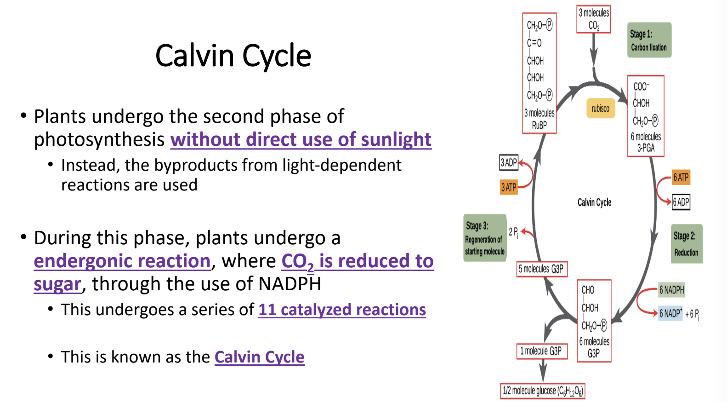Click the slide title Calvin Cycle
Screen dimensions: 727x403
pos(233,56)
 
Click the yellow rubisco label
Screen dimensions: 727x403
pos(600,109)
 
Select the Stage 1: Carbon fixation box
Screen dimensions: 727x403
pos(649,40)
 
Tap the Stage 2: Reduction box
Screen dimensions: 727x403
pos(686,244)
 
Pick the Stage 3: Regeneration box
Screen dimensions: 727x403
pos(485,238)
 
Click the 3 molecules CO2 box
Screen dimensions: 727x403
pos(593,19)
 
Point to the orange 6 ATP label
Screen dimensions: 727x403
pos(681,177)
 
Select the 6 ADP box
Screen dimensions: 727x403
pos(681,202)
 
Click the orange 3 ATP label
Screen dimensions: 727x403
pos(509,187)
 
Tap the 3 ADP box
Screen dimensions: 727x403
pos(509,162)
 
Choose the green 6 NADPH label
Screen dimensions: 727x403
pos(671,290)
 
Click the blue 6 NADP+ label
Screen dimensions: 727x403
pos(670,313)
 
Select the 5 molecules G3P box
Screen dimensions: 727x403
pos(541,269)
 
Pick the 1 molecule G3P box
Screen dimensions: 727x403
pos(541,351)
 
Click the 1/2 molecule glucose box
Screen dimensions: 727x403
pos(542,391)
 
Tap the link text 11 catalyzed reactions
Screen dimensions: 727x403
pos(342,310)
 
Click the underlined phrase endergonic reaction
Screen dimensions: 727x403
pos(122,261)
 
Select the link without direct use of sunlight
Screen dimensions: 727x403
pos(301,139)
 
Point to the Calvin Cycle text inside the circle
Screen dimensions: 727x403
pos(594,202)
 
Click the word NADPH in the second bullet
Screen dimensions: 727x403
pos(290,284)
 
